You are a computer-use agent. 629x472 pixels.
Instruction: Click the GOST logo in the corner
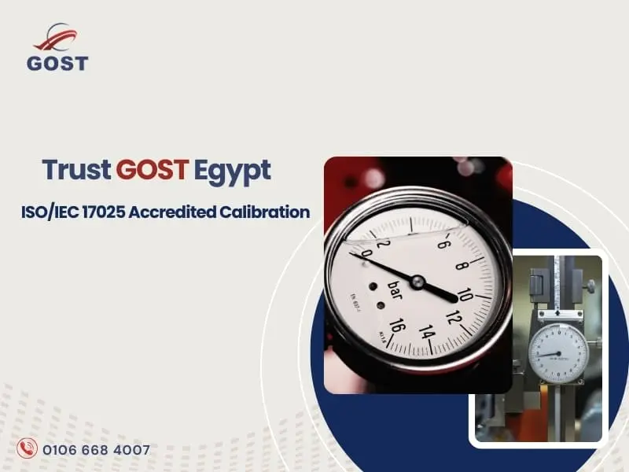coord(57,50)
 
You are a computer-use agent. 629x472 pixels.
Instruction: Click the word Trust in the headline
coord(76,169)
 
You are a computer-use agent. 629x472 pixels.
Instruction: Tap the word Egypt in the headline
coord(235,170)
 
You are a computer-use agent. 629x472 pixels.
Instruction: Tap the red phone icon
coord(28,450)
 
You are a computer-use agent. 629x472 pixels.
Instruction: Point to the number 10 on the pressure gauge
coord(464,294)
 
